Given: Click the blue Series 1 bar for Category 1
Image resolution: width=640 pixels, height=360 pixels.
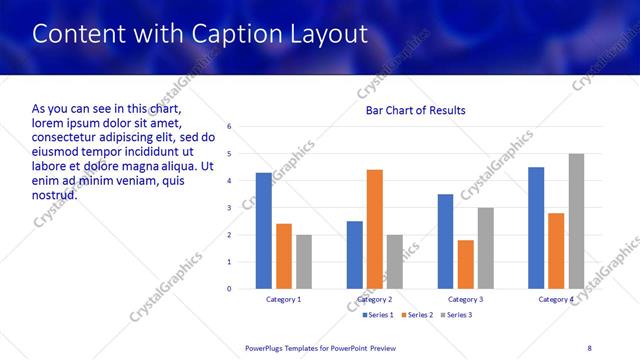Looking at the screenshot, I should click(x=263, y=231).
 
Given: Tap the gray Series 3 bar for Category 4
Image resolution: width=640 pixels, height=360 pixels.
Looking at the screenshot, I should click(x=576, y=221).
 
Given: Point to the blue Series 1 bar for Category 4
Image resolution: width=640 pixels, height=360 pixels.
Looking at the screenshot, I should click(x=536, y=228).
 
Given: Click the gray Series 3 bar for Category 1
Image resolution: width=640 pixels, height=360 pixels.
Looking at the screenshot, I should click(x=303, y=262).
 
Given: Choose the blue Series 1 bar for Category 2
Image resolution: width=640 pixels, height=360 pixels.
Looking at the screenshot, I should click(x=355, y=255).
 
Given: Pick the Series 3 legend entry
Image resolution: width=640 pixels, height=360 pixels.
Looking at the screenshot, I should click(x=456, y=315).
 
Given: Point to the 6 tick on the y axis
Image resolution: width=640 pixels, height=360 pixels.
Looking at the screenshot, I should click(x=230, y=127).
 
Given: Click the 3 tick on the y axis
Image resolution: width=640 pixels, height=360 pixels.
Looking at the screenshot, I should click(x=230, y=208).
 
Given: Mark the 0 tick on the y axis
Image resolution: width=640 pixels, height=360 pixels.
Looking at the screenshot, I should click(x=230, y=289).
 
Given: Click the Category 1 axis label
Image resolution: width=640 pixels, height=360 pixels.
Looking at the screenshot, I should click(x=283, y=299).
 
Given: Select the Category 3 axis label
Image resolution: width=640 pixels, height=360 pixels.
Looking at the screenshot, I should click(x=465, y=299).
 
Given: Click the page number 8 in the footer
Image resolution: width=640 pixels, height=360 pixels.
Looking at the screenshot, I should click(x=589, y=347).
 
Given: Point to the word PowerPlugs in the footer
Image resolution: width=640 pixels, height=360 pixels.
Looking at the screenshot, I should click(x=266, y=347).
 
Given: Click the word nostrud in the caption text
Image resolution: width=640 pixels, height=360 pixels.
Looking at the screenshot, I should click(x=54, y=194).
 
